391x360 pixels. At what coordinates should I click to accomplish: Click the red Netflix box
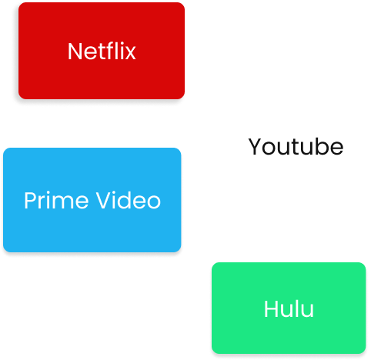click(x=102, y=51)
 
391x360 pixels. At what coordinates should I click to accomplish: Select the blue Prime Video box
click(x=92, y=200)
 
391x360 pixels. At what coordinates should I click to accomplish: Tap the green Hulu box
click(x=289, y=308)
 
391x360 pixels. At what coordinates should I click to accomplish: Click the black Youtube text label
click(x=296, y=146)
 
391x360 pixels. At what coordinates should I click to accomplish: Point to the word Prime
click(x=56, y=201)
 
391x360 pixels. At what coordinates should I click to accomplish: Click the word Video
click(x=129, y=200)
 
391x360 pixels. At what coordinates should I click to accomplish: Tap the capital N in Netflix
click(x=75, y=52)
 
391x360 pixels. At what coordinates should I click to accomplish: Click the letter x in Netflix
click(x=130, y=54)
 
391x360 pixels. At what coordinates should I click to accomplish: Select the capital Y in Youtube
click(x=255, y=146)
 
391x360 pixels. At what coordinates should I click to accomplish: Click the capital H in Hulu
click(x=271, y=308)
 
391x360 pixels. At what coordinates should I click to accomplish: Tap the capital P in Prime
click(x=30, y=201)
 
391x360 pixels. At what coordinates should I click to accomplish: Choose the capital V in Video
click(x=103, y=201)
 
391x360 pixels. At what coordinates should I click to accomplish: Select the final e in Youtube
click(x=336, y=148)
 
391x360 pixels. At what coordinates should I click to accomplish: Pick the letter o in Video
click(x=155, y=203)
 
